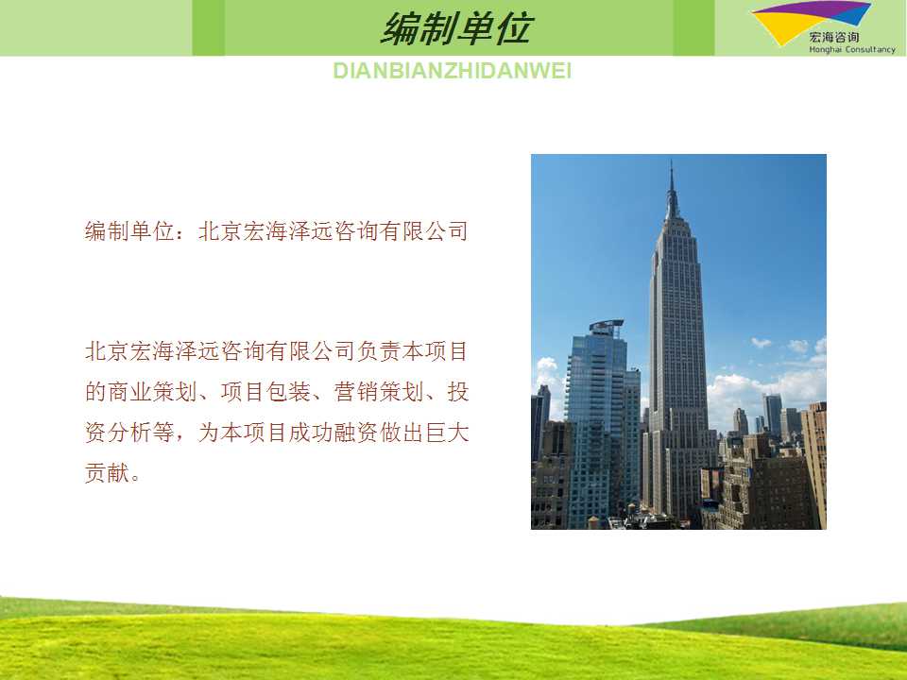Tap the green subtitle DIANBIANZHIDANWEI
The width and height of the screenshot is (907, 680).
pyautogui.click(x=453, y=71)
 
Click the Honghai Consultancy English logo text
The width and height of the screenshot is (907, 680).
pyautogui.click(x=852, y=50)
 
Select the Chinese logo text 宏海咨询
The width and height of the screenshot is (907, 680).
pyautogui.click(x=833, y=38)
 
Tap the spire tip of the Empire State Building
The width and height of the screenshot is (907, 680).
pyautogui.click(x=671, y=161)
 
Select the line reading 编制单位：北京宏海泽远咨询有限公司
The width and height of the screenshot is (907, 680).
pyautogui.click(x=276, y=231)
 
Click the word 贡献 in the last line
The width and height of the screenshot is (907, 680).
pyautogui.click(x=107, y=473)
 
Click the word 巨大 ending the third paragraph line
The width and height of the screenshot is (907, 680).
pyautogui.click(x=447, y=433)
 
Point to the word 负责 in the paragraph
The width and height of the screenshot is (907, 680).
pyautogui.click(x=379, y=351)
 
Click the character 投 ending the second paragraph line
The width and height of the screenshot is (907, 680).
pyautogui.click(x=457, y=392)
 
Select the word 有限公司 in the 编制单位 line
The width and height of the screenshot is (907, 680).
pyautogui.click(x=424, y=231)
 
